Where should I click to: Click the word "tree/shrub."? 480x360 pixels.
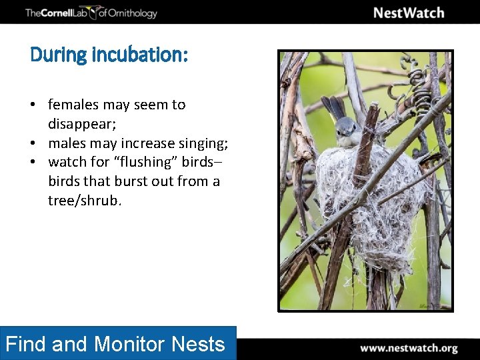pos(85,201)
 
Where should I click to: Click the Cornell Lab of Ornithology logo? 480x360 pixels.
pos(91,13)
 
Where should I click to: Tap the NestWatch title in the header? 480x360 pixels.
pos(408,13)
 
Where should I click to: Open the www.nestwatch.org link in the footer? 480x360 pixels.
pos(409,348)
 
